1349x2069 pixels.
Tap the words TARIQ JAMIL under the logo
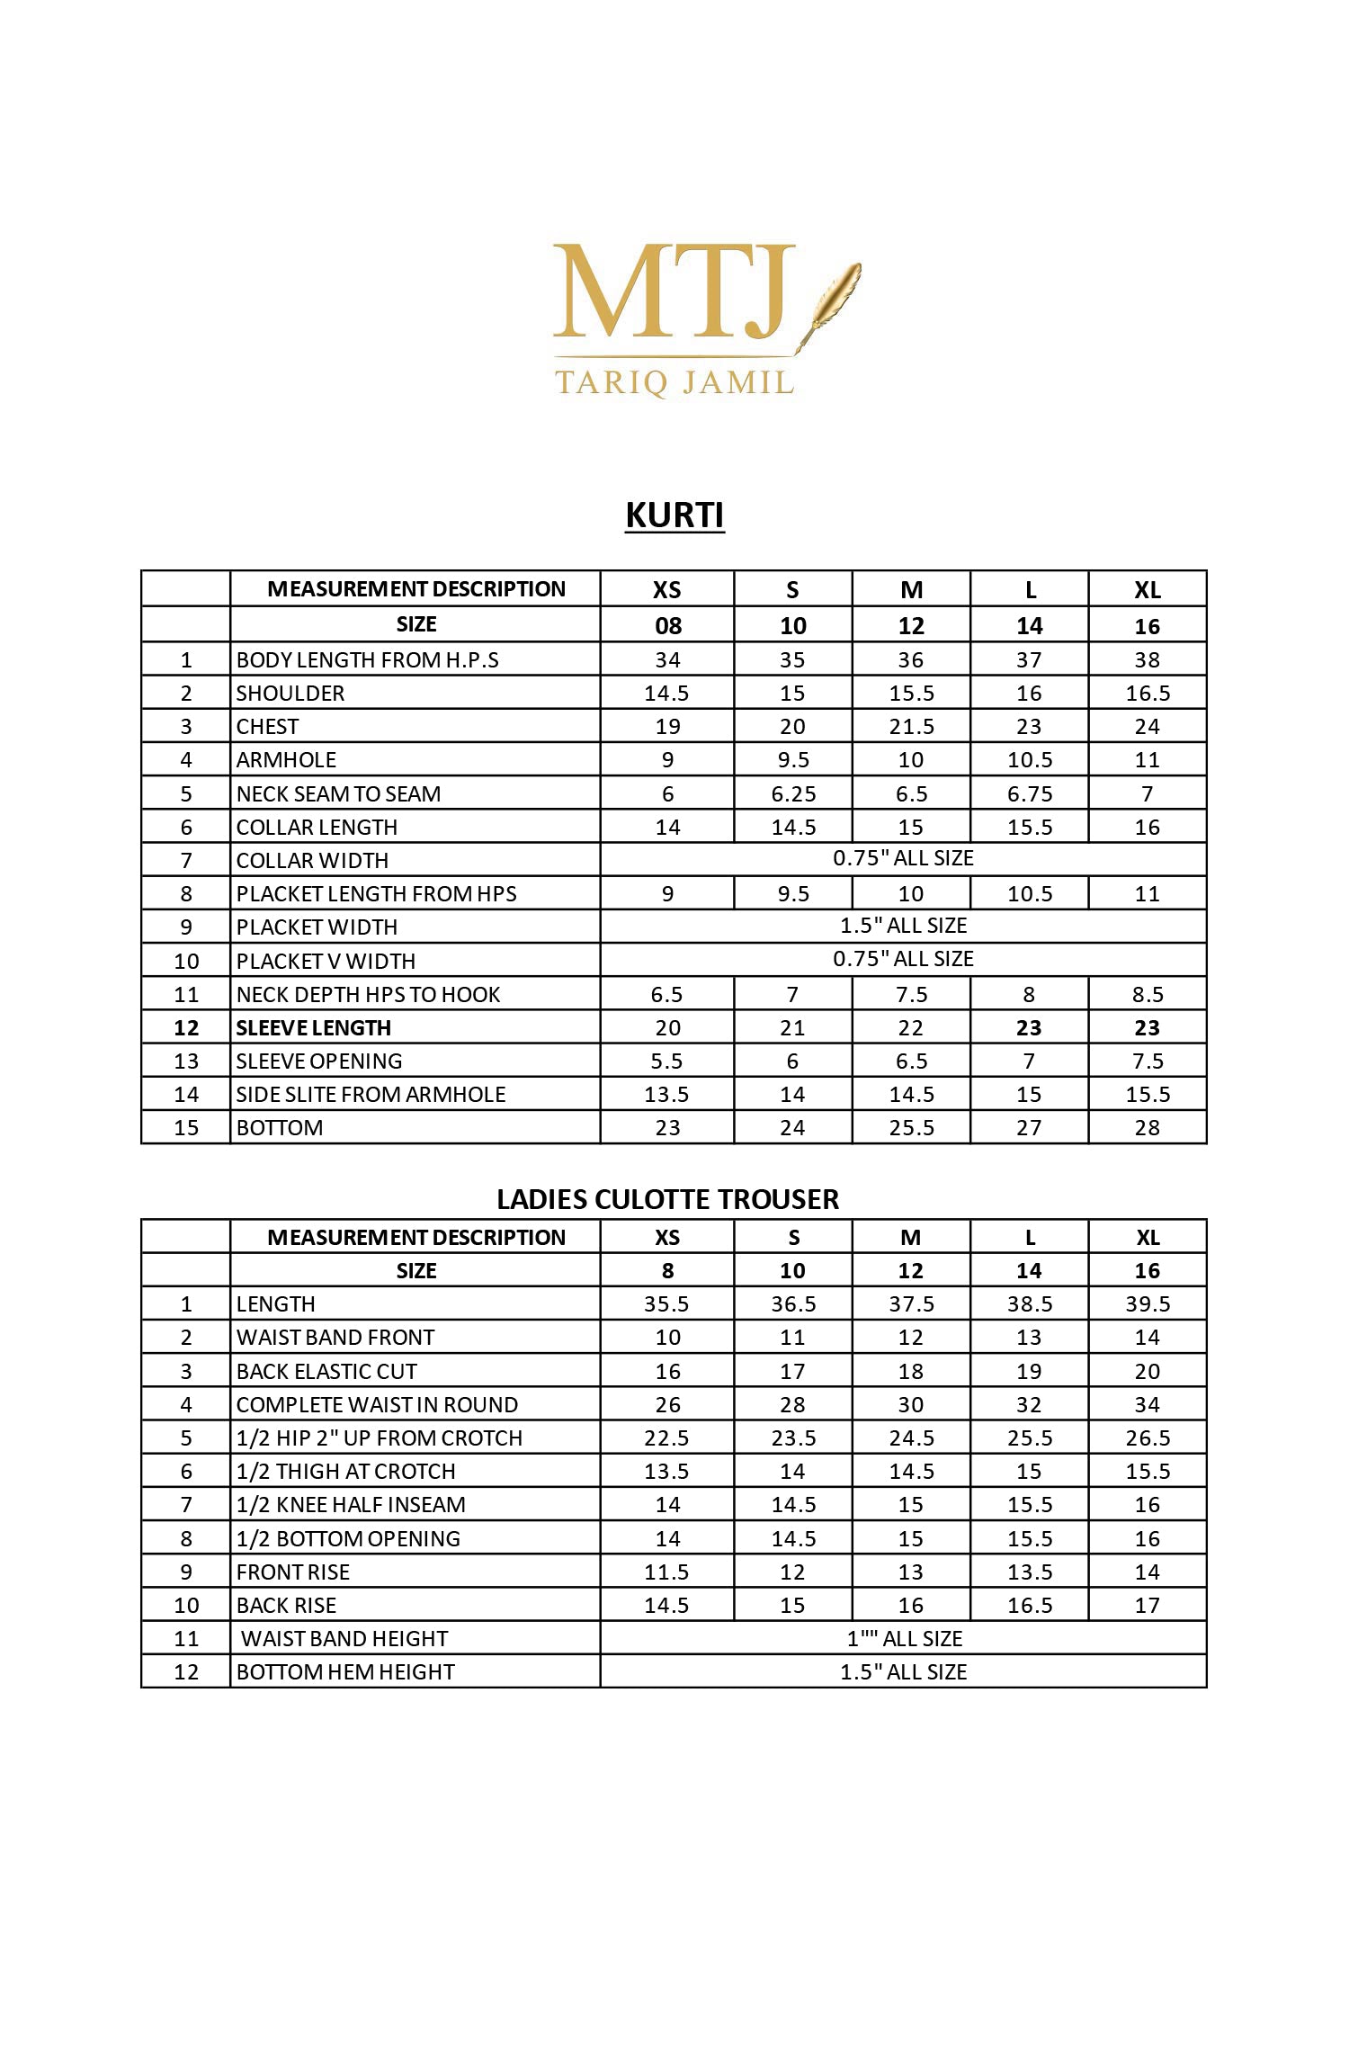tap(674, 382)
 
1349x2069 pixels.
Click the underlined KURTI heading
tap(674, 515)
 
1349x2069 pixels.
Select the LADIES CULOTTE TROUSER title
tap(667, 1199)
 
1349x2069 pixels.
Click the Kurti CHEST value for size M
tap(911, 726)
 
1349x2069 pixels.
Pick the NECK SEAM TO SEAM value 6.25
tap(792, 793)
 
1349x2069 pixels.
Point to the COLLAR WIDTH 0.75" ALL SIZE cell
tap(903, 858)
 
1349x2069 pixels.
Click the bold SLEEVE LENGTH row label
tap(314, 1027)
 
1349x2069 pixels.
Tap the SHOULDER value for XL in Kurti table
tap(1148, 693)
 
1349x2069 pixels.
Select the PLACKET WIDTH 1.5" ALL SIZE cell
tap(903, 926)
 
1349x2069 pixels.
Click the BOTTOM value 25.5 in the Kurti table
tap(911, 1127)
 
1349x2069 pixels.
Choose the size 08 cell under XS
tap(667, 625)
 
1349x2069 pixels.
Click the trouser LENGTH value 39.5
tap(1148, 1304)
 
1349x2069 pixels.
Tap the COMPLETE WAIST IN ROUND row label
tap(377, 1404)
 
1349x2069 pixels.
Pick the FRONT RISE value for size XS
tap(667, 1572)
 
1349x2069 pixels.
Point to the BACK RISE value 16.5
tap(1029, 1605)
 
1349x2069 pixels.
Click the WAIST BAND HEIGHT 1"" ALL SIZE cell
tap(903, 1638)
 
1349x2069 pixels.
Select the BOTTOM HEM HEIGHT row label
tap(345, 1671)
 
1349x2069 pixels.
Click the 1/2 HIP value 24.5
tap(911, 1438)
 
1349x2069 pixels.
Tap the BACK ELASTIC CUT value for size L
tap(1029, 1371)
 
